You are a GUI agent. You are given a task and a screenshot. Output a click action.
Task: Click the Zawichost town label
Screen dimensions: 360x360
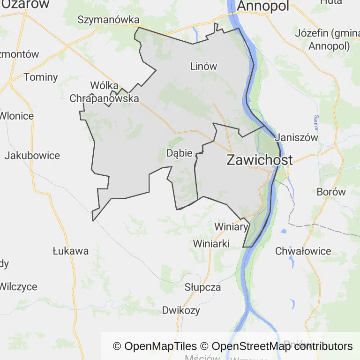259,159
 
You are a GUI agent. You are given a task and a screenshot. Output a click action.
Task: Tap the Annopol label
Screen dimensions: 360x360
263,6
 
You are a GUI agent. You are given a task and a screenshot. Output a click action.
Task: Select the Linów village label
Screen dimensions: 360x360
204,66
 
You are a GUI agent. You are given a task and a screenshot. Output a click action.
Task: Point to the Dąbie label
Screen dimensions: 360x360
180,153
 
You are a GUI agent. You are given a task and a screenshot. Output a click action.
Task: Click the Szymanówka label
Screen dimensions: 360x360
109,20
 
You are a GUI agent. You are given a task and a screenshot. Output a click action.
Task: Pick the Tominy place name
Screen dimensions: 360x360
41,77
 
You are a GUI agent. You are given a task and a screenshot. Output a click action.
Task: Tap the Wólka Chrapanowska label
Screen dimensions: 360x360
105,92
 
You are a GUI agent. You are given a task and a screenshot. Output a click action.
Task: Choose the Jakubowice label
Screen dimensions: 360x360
32,156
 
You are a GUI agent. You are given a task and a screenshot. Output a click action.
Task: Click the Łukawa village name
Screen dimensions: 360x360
70,251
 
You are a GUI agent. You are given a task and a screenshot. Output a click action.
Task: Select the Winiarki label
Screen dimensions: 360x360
211,244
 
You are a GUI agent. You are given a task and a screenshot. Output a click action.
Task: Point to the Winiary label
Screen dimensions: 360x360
231,227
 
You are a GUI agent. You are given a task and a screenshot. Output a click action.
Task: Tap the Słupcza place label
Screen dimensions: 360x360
202,287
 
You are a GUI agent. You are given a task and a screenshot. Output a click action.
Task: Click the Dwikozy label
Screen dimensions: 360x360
181,310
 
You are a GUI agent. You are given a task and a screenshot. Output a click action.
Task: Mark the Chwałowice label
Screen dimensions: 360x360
303,251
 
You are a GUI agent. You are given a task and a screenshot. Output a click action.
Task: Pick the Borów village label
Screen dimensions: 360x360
331,192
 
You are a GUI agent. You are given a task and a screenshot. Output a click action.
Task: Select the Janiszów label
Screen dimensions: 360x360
297,138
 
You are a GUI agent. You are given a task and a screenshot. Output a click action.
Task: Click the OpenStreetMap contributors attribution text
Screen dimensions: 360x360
282,346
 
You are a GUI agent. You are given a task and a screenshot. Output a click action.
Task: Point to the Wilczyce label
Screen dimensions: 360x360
18,286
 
